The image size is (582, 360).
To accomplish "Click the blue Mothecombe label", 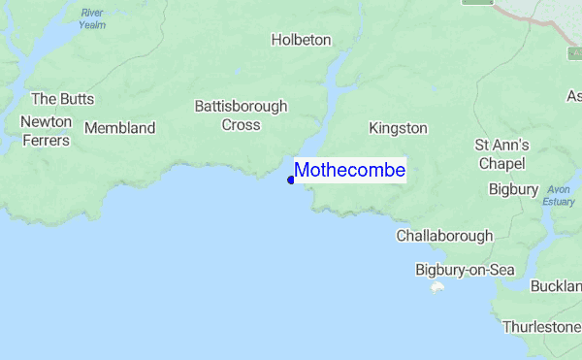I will [x=349, y=171].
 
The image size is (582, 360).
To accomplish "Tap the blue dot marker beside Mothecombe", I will [x=291, y=180].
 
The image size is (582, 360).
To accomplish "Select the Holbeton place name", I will [x=301, y=40].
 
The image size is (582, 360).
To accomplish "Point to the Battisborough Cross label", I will [x=241, y=115].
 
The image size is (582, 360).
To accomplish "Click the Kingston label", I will [x=398, y=128].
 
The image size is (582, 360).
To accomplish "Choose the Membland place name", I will [x=120, y=128].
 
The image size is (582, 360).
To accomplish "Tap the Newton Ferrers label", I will [x=45, y=131].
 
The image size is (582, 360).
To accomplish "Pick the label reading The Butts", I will [x=59, y=98].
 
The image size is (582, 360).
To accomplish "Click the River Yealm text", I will [x=92, y=18].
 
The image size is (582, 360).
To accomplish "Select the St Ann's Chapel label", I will [x=501, y=153].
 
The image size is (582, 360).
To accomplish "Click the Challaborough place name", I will [x=444, y=236].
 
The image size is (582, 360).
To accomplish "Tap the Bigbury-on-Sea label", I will [x=465, y=270].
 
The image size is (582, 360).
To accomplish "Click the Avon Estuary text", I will [x=559, y=195].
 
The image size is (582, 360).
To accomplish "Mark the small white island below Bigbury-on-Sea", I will [x=437, y=288].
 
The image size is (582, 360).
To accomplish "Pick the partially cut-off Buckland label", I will [x=556, y=286].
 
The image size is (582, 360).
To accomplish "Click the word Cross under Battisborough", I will [x=241, y=124].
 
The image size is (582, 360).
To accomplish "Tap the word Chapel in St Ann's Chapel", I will [x=501, y=162].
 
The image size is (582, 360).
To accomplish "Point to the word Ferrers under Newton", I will [x=45, y=140].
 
